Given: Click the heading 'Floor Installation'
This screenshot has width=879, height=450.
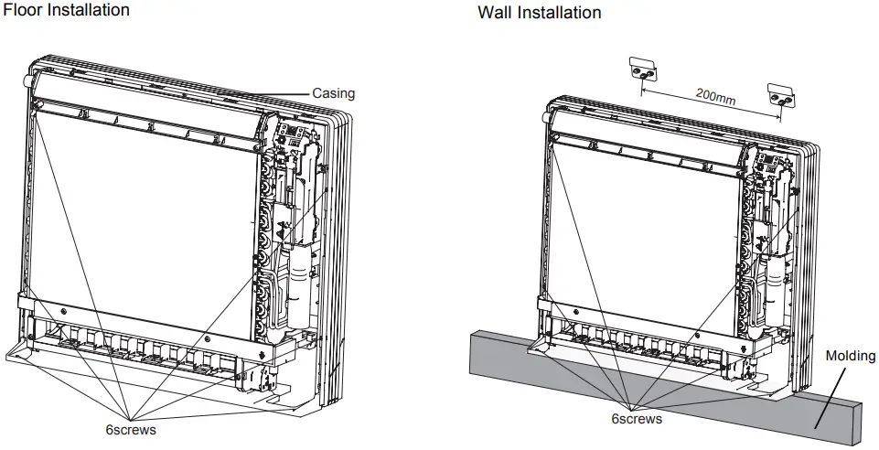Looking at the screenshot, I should tap(67, 10).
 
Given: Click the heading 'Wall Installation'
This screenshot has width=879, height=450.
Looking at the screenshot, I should tap(540, 13).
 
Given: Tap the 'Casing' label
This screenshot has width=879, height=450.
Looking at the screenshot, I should tap(333, 93).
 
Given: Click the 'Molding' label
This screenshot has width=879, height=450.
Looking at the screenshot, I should tap(851, 356).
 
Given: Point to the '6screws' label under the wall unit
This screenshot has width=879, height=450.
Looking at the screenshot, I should tap(637, 419).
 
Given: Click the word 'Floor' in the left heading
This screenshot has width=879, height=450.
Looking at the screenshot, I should tap(23, 10).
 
